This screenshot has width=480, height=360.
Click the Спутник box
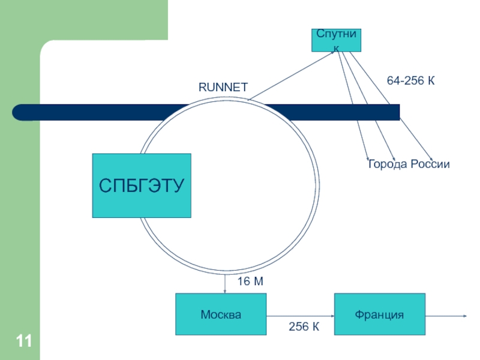[x=336, y=40]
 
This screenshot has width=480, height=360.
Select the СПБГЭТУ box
[x=142, y=185]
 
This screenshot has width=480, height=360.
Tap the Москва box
[x=221, y=314]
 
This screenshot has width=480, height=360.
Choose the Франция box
[x=380, y=314]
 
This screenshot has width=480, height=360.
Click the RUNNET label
[x=223, y=87]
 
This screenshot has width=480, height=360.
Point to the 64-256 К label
[x=410, y=80]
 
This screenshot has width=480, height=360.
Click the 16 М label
[x=250, y=281]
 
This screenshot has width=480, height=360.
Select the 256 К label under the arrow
[x=304, y=326]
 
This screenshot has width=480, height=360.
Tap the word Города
[x=388, y=164]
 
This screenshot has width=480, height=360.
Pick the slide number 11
[x=23, y=341]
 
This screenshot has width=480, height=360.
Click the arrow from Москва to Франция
[x=301, y=316]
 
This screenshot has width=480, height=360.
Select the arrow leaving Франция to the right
[x=446, y=316]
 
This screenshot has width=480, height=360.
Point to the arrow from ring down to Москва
[x=225, y=283]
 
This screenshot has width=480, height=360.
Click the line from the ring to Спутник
[x=291, y=76]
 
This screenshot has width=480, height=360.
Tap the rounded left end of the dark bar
[x=19, y=112]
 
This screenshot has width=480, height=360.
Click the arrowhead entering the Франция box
[x=332, y=316]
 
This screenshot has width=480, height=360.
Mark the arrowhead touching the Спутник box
[x=332, y=53]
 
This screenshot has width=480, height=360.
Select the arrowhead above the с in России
[x=431, y=158]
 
